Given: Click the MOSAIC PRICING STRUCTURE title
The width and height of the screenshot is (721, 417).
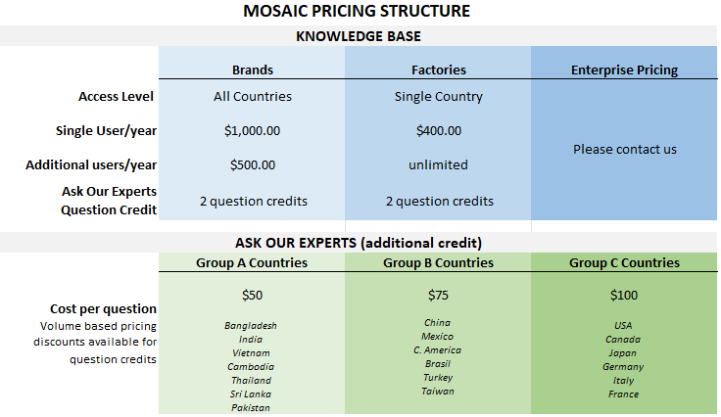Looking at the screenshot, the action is point(357,11).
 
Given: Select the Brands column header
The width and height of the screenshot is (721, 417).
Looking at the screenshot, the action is point(253,69).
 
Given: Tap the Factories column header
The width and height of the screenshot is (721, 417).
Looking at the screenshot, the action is point(439,69).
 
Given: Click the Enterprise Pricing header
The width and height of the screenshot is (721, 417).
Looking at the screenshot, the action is point(624,70).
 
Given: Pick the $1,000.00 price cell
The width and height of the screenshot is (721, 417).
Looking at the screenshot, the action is point(252,131).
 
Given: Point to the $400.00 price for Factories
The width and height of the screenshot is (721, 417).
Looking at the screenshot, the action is point(439,131).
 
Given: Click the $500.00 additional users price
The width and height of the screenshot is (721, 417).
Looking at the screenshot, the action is point(253,164).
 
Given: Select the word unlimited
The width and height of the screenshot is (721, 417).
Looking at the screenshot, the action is point(438,164).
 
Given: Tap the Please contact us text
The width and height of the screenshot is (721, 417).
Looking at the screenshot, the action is point(624,149).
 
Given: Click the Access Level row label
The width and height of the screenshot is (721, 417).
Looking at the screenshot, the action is point(116,97).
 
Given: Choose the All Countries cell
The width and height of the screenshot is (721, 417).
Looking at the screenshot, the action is point(253,97).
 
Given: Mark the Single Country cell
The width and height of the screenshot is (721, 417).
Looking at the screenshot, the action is point(438,97).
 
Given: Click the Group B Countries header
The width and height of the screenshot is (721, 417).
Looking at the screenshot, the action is point(438,262).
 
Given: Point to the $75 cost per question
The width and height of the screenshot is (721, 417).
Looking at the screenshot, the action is point(438,296).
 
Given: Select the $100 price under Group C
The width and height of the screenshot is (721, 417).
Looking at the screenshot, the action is point(624,296).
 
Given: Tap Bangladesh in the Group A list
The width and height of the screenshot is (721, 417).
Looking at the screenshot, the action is point(251,326).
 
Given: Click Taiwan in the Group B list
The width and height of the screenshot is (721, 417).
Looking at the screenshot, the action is point(438,392).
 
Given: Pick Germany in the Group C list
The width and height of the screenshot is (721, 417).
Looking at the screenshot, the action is point(623,367).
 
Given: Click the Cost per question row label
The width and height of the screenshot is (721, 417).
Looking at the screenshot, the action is point(104,309).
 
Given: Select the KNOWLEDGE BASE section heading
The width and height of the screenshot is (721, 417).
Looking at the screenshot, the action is point(359,36).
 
